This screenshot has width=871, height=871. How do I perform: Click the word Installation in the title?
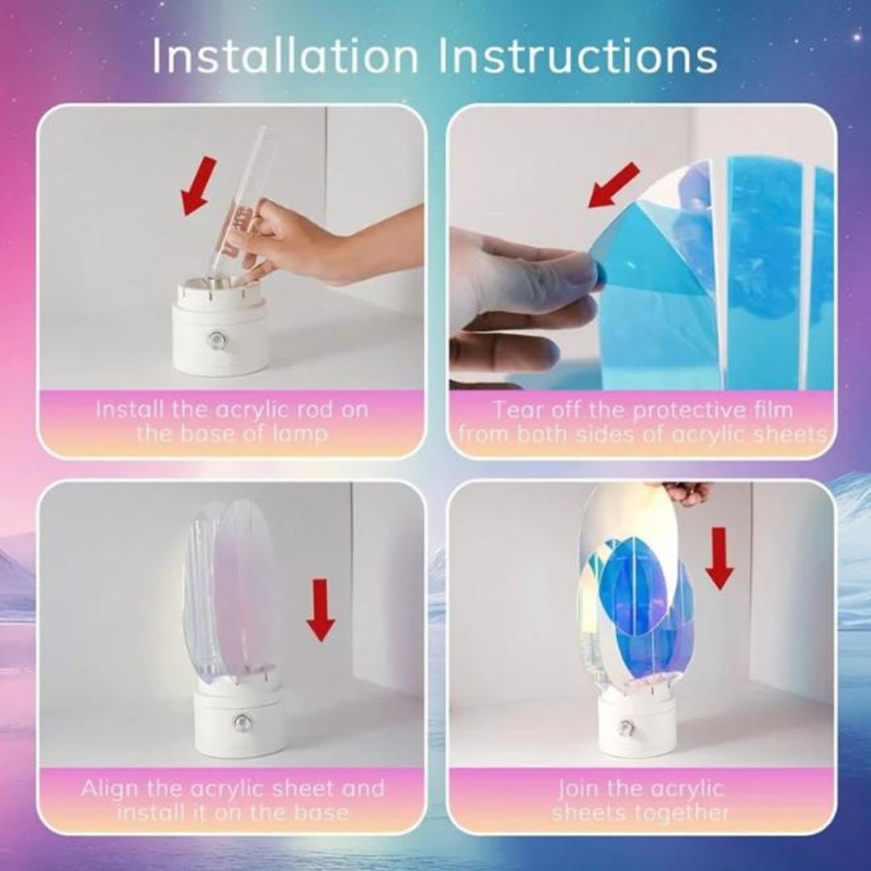coord(285,56)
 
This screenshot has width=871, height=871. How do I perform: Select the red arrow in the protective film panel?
coord(614,185)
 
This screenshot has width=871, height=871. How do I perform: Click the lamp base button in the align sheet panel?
coord(240,720)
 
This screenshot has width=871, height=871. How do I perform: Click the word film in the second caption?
coord(769,410)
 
